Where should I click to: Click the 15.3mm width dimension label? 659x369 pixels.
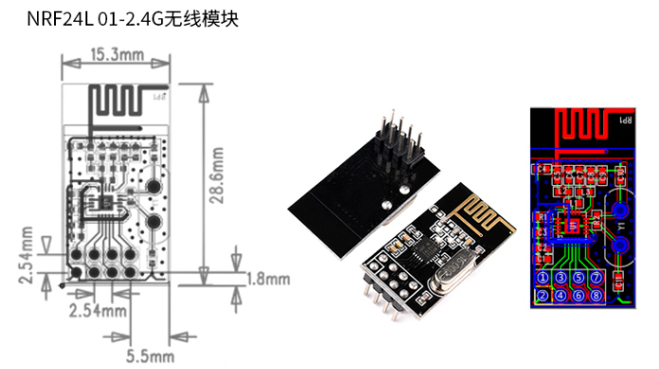[x=117, y=56]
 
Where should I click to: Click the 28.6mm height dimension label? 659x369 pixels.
[x=217, y=175]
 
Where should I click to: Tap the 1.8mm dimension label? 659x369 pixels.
[x=268, y=279]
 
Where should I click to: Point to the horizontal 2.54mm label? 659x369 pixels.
[x=98, y=310]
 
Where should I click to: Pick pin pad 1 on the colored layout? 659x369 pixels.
[x=543, y=278]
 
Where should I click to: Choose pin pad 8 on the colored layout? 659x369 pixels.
[x=596, y=296]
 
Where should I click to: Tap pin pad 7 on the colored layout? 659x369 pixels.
[x=596, y=278]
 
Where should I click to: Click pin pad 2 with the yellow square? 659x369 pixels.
[x=543, y=296]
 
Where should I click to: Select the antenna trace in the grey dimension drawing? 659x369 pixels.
[x=119, y=101]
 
